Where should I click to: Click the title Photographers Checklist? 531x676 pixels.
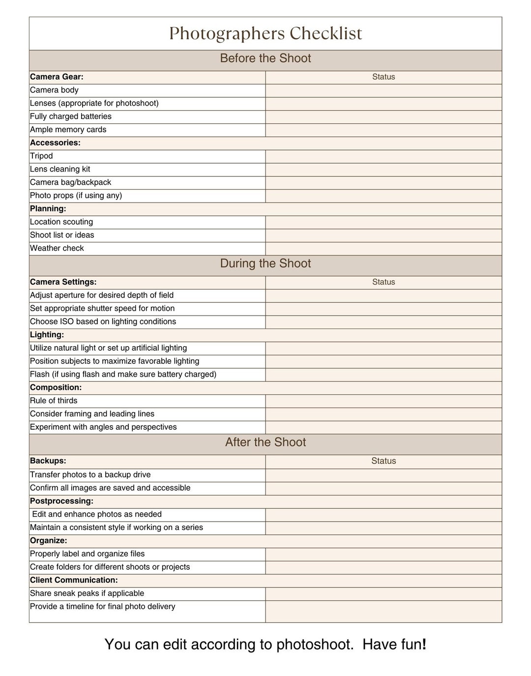click(x=265, y=33)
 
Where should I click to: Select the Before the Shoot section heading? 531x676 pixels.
click(x=265, y=59)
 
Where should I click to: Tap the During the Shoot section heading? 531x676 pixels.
click(x=265, y=264)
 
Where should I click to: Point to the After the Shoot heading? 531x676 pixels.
click(x=265, y=442)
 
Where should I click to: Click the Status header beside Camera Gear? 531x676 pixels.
click(x=383, y=77)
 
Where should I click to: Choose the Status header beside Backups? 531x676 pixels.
click(x=383, y=461)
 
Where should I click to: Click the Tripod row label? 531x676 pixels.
click(x=41, y=156)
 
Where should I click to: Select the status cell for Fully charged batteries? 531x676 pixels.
click(x=383, y=117)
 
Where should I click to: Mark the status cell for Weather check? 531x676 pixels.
click(x=383, y=249)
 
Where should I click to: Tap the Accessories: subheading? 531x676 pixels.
click(x=55, y=143)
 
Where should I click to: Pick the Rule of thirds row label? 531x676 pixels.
click(x=54, y=401)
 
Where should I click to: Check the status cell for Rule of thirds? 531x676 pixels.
click(x=383, y=401)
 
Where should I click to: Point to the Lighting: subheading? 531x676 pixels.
click(x=47, y=335)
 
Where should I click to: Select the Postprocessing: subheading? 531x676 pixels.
click(x=61, y=501)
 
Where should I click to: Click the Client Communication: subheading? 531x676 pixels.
click(x=74, y=581)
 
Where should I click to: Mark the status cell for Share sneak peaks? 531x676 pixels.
click(x=383, y=594)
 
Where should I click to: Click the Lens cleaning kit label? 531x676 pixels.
click(x=60, y=170)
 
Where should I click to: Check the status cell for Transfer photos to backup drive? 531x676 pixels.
click(x=383, y=475)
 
